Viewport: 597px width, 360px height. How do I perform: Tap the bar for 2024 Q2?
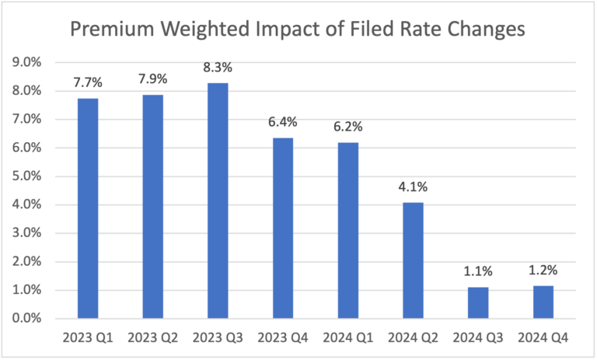coord(412,260)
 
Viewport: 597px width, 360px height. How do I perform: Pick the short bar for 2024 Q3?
coord(477,302)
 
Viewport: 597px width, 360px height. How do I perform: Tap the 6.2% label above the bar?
coord(347,126)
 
